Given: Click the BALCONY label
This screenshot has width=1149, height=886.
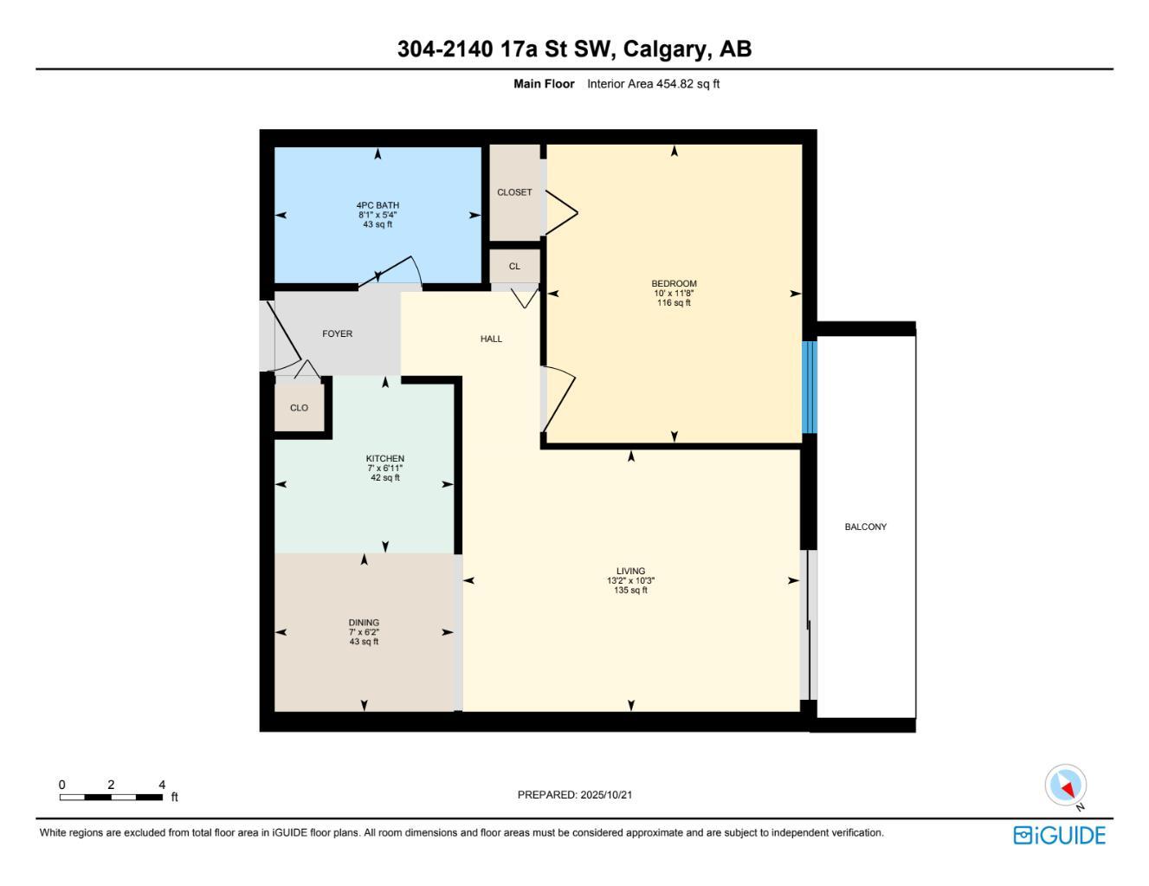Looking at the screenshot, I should point(865,527).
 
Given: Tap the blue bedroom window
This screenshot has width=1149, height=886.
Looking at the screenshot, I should point(810,387).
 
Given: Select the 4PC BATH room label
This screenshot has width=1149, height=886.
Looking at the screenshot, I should point(378,205).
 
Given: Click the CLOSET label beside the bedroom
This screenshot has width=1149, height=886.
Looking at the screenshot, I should point(514,192).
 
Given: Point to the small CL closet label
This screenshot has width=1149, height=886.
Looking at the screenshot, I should point(514,266).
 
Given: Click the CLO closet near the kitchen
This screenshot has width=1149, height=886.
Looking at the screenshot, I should point(299,408).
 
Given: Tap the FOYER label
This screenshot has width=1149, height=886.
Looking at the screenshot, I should point(337,333).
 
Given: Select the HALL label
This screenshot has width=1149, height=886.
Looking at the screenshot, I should point(491,339).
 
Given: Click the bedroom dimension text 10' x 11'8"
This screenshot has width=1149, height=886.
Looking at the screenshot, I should point(674,294).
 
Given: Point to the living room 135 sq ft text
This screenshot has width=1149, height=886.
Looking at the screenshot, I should point(631,591).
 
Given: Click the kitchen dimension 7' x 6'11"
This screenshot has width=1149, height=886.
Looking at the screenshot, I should point(384,469).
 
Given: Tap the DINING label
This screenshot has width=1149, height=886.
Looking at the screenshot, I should point(364,623).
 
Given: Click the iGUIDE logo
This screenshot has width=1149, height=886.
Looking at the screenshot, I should point(1059,835).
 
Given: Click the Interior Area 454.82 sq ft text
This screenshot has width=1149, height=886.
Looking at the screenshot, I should point(653,84).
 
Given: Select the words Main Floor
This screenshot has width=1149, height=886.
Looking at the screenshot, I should point(544,84).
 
